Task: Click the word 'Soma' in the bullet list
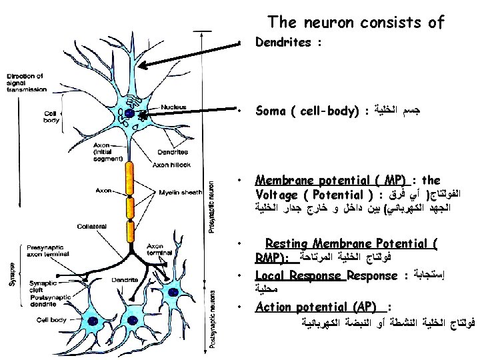click(271, 111)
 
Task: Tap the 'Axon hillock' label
click(172, 165)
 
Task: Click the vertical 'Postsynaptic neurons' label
click(211, 321)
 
